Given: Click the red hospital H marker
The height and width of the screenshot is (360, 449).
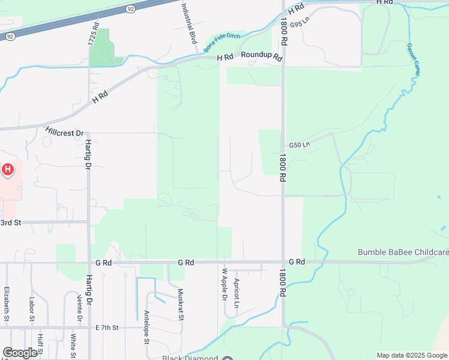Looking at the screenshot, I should [8, 170].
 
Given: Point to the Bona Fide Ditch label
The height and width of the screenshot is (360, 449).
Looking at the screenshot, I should [221, 43].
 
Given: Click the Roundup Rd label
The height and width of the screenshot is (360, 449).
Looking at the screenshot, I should [262, 56].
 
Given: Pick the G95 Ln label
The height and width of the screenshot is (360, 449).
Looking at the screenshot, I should [299, 22].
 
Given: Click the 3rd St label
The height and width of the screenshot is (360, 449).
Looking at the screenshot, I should [11, 223].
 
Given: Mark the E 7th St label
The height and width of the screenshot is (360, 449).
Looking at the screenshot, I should [107, 328].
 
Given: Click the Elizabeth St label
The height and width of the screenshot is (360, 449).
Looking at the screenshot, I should [7, 305].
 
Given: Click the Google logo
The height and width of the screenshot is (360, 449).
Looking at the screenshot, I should [20, 353].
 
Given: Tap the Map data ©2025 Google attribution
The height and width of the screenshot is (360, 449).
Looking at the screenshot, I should [412, 355].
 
